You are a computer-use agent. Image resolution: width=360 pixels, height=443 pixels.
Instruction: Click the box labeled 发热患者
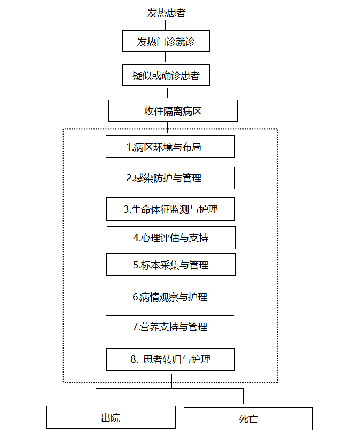coord(167,11)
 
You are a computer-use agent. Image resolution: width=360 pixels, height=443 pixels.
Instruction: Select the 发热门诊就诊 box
coord(166,41)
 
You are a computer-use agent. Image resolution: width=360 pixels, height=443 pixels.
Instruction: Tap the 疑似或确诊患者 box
coord(166,75)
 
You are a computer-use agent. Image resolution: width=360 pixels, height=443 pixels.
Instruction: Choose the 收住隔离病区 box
coord(173,111)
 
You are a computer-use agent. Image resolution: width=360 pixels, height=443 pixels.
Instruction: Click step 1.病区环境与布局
coord(170,147)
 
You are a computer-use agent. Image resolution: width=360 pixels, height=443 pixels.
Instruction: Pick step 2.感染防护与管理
coord(170,178)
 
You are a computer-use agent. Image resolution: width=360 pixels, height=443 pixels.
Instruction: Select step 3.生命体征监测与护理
coord(170,209)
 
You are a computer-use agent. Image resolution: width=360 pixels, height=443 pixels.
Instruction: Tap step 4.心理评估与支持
coord(171,238)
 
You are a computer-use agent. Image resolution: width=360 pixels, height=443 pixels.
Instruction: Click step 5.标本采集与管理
coord(171,264)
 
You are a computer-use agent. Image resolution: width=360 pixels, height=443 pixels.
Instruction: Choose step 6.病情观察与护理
coord(170,297)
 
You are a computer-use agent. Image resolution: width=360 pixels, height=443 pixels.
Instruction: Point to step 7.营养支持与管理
coord(170,327)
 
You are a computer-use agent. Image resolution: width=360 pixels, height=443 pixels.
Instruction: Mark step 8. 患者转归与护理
coord(170,359)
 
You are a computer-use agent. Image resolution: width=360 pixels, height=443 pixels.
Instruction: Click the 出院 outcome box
coord(111,417)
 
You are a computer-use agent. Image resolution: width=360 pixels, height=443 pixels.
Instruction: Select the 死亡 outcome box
coord(248,418)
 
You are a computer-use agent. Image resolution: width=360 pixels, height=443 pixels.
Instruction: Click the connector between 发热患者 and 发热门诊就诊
coord(166,26)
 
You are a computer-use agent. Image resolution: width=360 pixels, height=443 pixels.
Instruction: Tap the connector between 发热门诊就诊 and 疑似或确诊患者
coord(166,57)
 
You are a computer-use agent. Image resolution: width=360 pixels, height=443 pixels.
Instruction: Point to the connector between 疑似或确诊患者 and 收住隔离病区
coord(167,93)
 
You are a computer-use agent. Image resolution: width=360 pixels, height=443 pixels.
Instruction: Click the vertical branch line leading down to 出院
coord(97,396)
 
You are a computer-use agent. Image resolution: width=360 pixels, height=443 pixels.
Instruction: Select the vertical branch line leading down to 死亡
coord(243,396)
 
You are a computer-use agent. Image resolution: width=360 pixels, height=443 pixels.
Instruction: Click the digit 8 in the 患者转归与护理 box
coord(133,360)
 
